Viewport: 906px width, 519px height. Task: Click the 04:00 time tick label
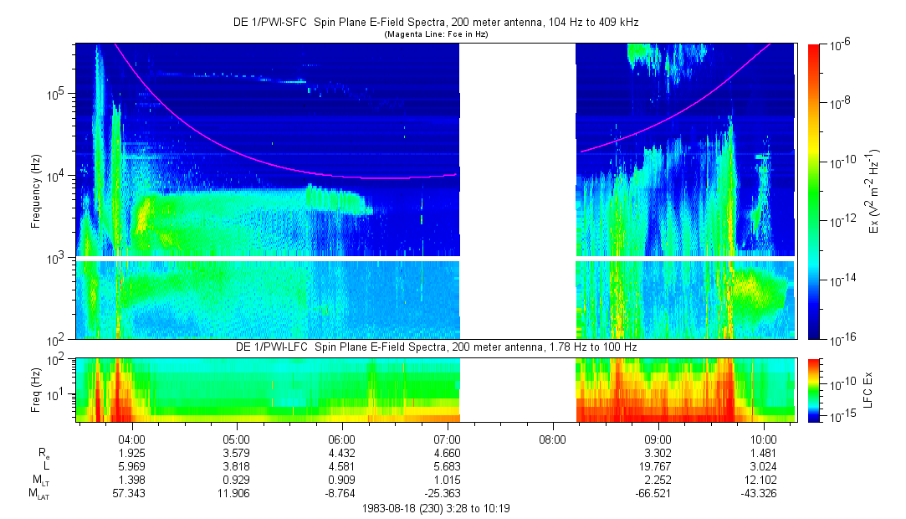pyautogui.click(x=132, y=439)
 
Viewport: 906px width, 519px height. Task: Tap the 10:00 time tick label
pyautogui.click(x=763, y=439)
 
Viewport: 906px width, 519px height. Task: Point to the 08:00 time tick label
pyautogui.click(x=552, y=439)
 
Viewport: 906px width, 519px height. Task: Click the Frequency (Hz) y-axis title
pyautogui.click(x=36, y=192)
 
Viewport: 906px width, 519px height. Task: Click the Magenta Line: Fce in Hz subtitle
pyautogui.click(x=435, y=34)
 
